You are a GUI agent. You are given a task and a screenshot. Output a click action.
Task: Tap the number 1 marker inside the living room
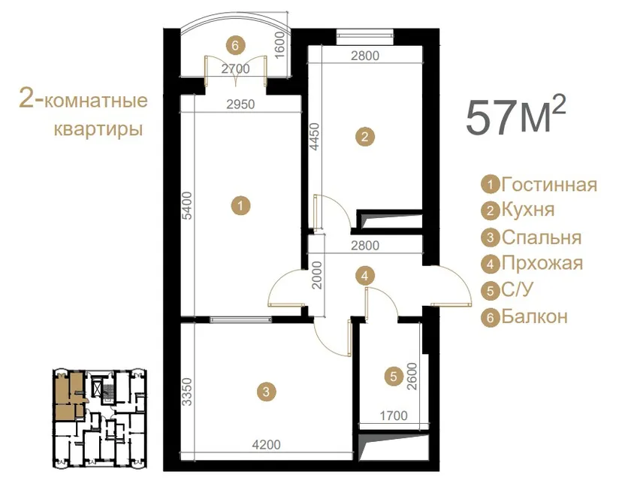pos(241,205)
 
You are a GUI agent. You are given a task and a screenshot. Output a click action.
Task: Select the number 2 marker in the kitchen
pos(365,137)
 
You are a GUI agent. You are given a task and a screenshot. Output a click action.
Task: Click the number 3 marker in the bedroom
pos(266,392)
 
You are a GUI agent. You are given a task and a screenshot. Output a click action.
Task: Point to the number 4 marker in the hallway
pos(365,276)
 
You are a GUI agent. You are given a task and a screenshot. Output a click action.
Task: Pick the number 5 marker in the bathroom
pos(393,376)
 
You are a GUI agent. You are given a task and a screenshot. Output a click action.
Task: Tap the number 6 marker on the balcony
pos(235,45)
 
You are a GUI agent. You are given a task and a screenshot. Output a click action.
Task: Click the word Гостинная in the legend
pos(549,184)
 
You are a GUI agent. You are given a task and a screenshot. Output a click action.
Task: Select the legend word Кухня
pos(528,210)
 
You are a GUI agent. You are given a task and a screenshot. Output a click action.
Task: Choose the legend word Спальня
pos(541,237)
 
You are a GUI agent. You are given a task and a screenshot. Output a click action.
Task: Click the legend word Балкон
pos(535,316)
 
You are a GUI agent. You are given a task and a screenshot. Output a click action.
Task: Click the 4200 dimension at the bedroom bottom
pos(267,445)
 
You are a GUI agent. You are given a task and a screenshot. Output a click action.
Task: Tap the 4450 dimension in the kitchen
pos(315,137)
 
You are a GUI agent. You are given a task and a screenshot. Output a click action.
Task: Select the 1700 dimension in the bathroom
pos(394,416)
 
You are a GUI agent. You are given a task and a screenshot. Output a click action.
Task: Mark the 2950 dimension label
pos(240,104)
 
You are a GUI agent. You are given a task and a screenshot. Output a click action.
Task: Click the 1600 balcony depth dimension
pos(279,45)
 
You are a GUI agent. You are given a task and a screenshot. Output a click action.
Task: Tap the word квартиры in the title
pos(98,129)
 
